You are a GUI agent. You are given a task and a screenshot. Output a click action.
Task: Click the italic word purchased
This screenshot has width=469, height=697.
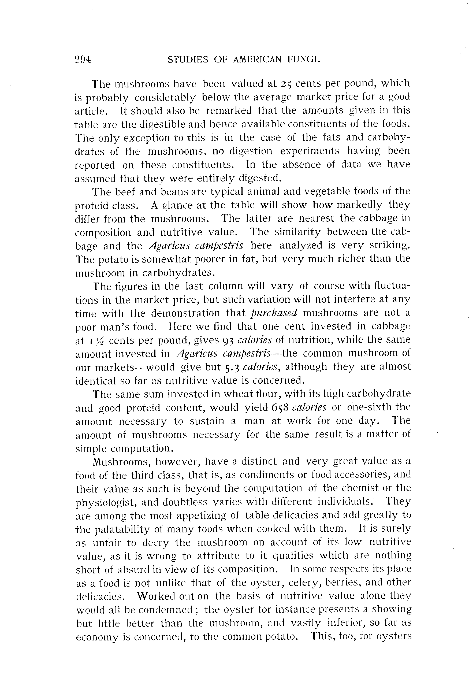[274, 313]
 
